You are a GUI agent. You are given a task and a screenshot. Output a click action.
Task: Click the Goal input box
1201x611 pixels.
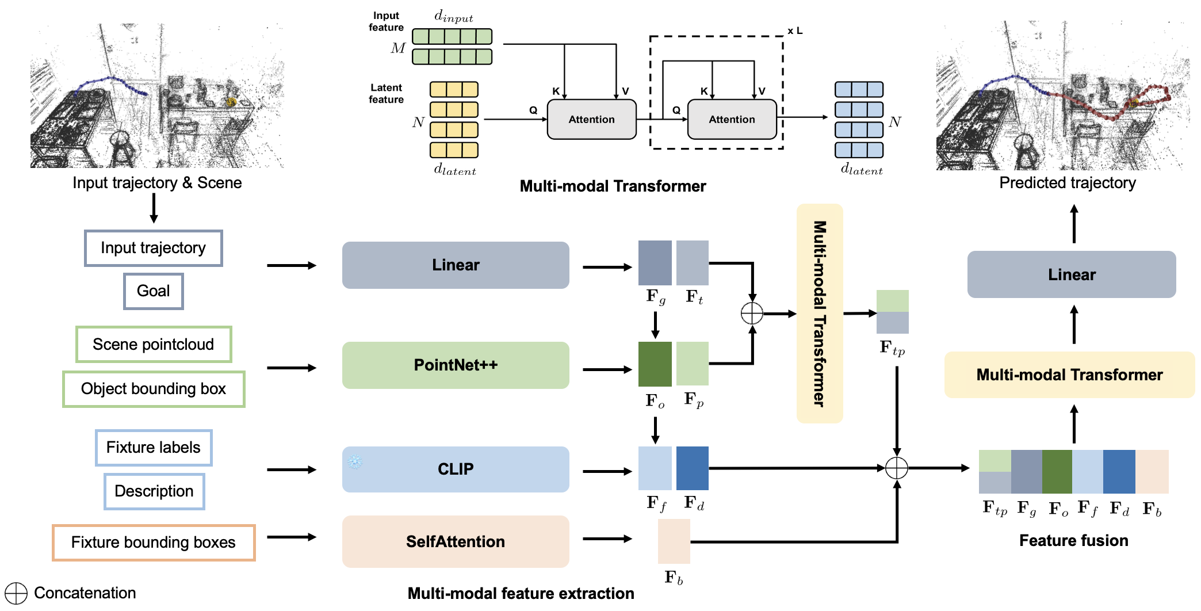[153, 291]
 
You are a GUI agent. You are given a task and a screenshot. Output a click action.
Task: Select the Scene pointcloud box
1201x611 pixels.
[153, 344]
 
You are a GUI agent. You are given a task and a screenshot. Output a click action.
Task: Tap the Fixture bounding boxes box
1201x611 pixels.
[153, 542]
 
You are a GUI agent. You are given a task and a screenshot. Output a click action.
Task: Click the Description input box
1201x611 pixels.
[154, 491]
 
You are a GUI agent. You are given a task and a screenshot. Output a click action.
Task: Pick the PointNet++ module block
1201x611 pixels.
[455, 365]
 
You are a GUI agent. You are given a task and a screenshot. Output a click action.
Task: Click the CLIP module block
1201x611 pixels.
[455, 469]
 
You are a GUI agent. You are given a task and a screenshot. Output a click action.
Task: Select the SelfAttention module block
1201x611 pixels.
[455, 541]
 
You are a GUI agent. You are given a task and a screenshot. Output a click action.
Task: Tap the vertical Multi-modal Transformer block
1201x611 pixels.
[819, 314]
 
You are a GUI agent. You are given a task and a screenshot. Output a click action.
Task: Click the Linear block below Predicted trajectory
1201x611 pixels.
[1071, 274]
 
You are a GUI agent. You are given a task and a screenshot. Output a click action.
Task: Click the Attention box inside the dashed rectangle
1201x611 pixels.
[732, 119]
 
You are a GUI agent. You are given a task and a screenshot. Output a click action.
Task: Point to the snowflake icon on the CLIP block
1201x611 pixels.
[355, 461]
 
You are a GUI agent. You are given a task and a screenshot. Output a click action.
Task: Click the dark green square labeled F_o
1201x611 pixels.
[655, 364]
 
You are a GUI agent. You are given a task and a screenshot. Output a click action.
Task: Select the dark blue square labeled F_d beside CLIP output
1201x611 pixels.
[693, 468]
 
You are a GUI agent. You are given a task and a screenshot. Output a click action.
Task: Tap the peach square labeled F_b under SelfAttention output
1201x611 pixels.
[674, 541]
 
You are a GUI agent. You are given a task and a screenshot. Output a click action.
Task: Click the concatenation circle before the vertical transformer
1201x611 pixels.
[752, 314]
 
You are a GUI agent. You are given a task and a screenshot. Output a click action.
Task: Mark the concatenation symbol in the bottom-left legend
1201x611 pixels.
[16, 593]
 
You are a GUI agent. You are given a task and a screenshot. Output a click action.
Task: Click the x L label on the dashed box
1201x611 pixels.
[794, 31]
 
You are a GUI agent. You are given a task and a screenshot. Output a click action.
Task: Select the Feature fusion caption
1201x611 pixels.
[1073, 540]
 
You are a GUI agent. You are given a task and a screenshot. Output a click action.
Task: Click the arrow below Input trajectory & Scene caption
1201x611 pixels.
[154, 208]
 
